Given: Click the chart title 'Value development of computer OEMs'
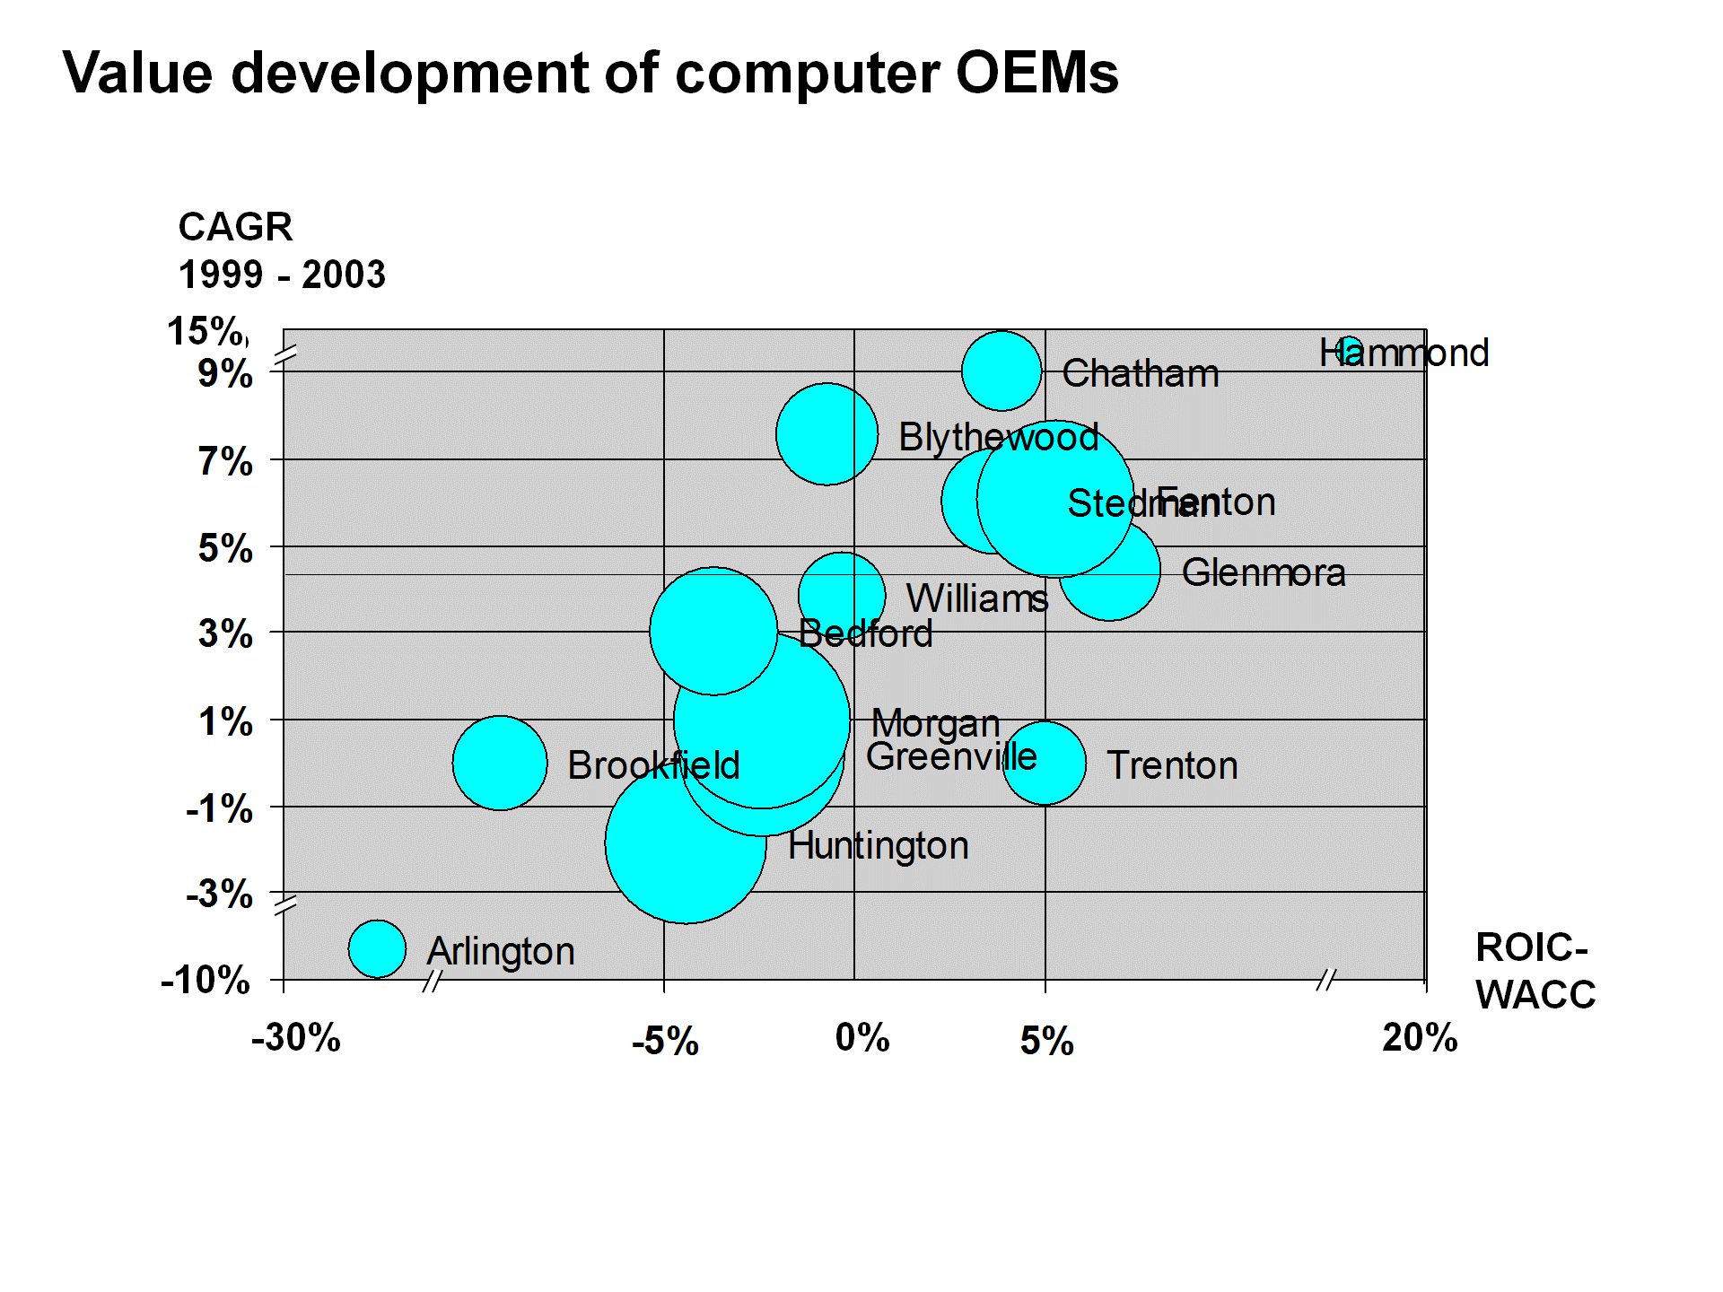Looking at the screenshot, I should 590,73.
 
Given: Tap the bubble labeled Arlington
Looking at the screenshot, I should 377,948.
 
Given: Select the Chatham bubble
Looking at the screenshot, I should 1001,371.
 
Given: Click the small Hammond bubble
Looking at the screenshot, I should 1349,351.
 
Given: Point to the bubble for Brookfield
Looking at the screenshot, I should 500,763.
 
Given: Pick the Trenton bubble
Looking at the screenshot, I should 1045,763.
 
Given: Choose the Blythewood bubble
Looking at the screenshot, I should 827,434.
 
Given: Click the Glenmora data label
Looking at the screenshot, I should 1264,572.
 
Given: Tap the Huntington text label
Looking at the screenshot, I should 879,845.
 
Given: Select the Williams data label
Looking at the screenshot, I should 977,598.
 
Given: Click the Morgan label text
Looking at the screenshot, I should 936,723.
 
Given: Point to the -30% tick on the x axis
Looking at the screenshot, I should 296,1038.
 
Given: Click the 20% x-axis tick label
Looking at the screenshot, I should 1420,1038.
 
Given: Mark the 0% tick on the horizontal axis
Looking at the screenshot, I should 862,1038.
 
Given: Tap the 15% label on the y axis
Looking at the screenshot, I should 206,331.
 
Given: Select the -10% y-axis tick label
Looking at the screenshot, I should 206,980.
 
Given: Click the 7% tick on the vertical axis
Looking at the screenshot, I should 225,462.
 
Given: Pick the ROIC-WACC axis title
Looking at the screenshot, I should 1535,971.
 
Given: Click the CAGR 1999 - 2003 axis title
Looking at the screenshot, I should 282,250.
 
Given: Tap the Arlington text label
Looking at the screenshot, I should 501,951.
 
